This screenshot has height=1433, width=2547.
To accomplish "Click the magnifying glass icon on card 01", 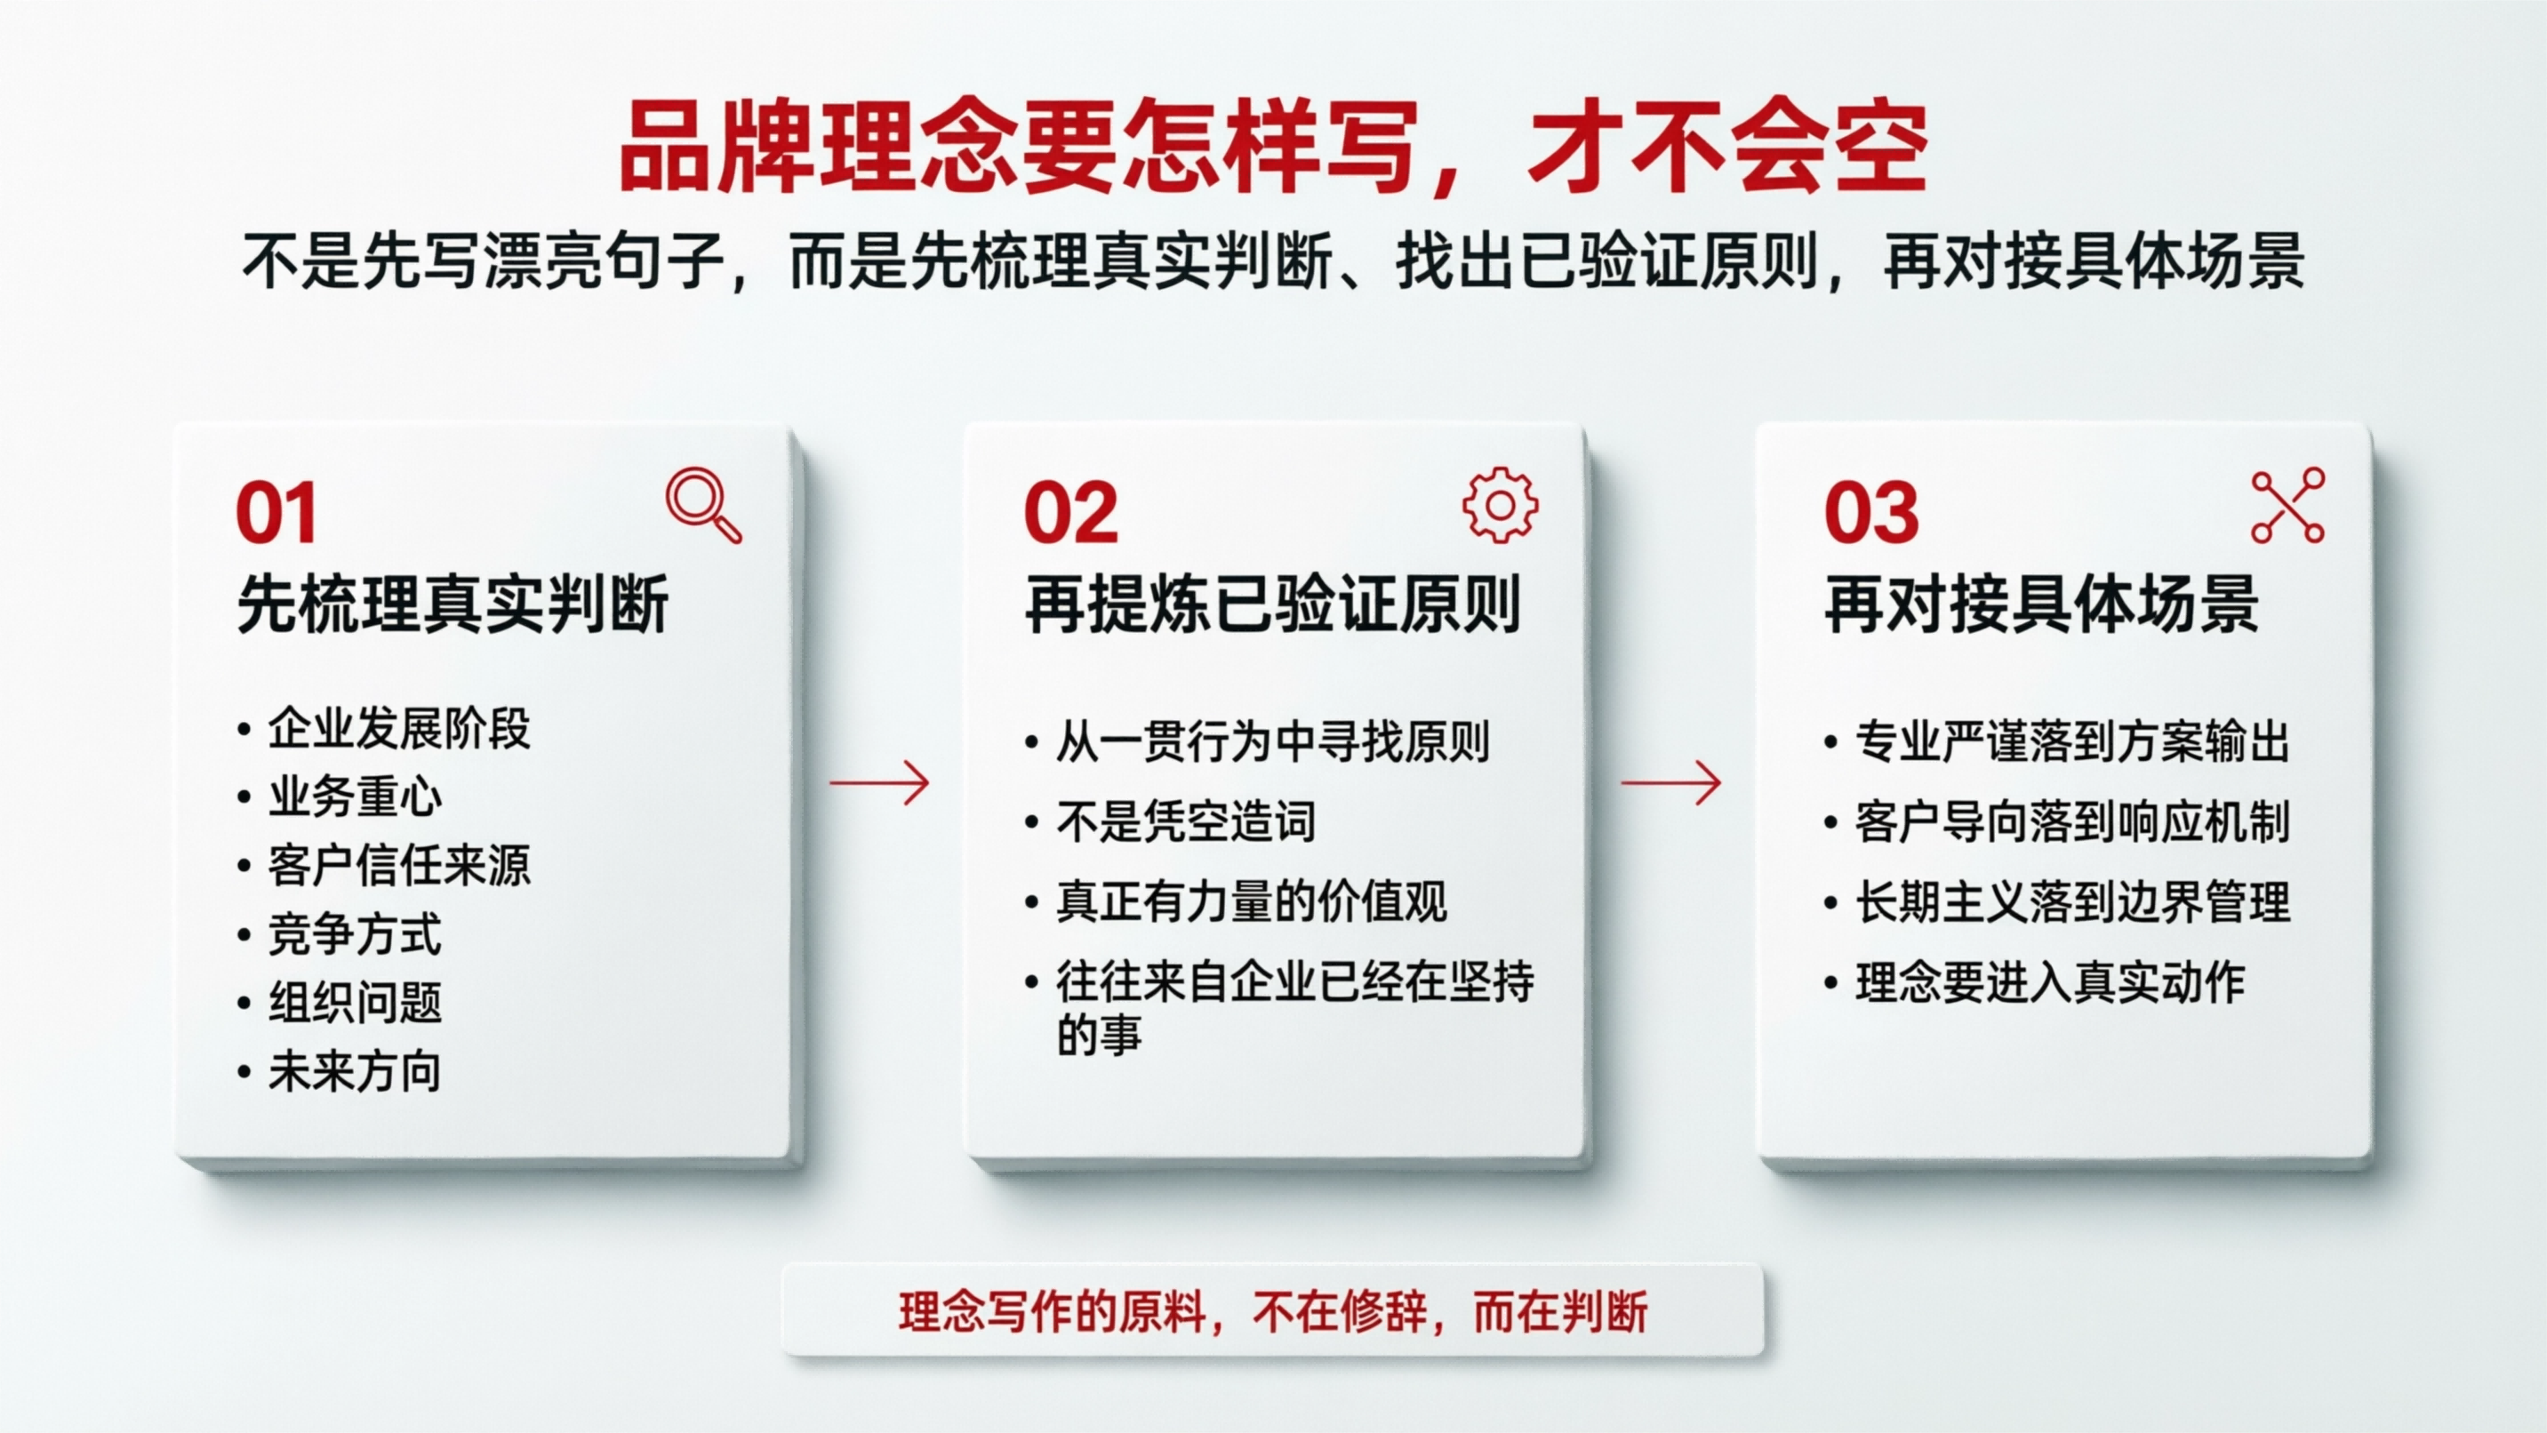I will coord(703,504).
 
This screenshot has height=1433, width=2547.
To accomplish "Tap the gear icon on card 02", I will coord(1500,504).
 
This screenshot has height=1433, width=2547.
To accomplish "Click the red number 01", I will coord(276,513).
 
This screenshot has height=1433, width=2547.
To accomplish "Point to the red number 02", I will coord(1071,513).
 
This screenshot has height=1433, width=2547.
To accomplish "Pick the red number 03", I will coord(1870,513).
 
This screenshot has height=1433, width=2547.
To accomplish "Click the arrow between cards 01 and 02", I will coord(879,783).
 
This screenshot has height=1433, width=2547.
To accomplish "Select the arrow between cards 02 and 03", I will coord(1671,783).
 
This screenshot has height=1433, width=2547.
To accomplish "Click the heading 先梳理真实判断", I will coord(453,604).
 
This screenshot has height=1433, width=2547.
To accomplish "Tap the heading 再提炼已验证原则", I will coord(1272,604).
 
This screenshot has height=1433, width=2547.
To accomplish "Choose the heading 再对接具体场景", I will coord(2041,604).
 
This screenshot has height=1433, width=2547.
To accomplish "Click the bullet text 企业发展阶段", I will coord(398,730).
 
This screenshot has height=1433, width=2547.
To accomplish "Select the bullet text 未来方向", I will coord(354,1072).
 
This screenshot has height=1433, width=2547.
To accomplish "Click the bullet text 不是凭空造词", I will coord(1186,821).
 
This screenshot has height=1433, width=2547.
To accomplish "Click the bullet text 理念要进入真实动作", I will coord(2050,983).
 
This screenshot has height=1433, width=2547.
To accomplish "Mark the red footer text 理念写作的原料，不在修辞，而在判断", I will coord(1272,1313).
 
